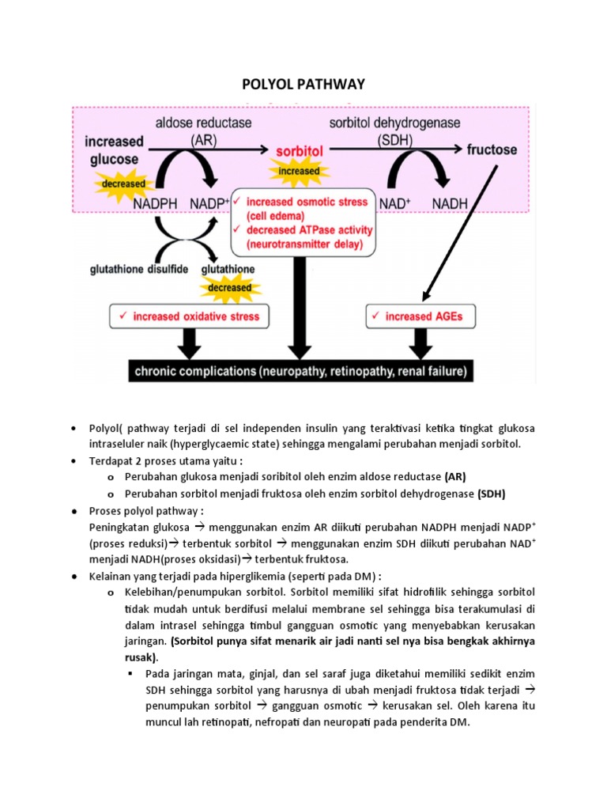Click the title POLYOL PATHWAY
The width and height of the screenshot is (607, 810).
(303, 84)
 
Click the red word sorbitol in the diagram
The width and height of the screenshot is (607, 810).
(300, 150)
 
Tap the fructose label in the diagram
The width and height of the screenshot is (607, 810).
(492, 149)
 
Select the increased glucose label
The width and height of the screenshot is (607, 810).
(115, 150)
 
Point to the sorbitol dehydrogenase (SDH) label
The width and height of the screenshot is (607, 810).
(394, 131)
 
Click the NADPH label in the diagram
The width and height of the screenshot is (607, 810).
(156, 203)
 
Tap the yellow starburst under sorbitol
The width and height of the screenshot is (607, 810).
(299, 171)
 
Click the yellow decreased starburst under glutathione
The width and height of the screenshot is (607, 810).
(229, 288)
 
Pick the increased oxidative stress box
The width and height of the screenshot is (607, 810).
(190, 317)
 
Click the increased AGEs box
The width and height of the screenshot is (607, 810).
(422, 317)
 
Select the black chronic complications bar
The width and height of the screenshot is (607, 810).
(300, 370)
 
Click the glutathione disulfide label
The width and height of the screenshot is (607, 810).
(138, 269)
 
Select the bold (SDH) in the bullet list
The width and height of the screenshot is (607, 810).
(491, 494)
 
